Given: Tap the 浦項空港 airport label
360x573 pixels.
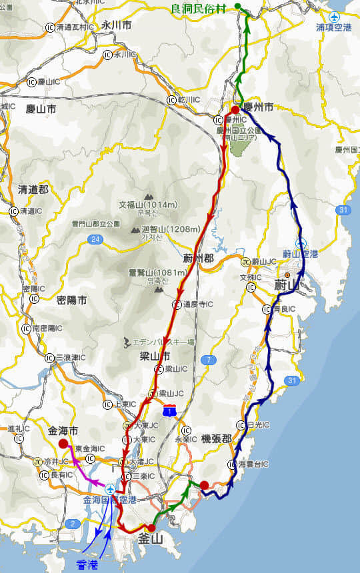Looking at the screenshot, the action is click(333, 27).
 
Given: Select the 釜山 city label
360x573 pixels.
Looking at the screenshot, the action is click(151, 538).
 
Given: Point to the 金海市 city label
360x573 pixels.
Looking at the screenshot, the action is click(63, 430).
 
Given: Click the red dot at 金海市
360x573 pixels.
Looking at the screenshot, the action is click(63, 444).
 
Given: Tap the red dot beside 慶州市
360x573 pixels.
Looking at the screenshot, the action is click(235, 110).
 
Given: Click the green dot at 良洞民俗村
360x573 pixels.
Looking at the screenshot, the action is click(238, 8).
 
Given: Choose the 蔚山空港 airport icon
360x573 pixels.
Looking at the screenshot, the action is click(301, 243).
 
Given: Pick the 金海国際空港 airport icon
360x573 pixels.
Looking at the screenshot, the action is click(110, 488).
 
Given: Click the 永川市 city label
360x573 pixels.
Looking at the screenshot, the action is click(117, 25).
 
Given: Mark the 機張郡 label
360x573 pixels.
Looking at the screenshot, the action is click(216, 438).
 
